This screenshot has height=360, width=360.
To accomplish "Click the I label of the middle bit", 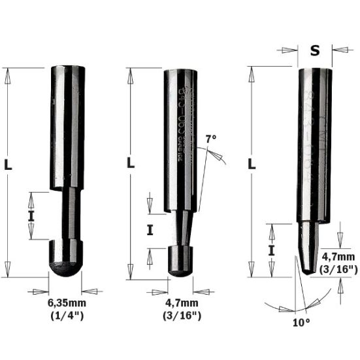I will [150, 230].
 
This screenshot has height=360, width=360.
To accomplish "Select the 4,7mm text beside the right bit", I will [338, 257].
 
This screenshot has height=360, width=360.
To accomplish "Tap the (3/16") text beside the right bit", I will [339, 269].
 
